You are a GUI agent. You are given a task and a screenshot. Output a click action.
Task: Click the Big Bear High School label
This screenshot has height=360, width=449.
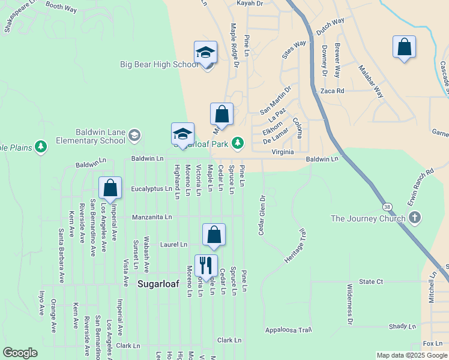point(158,64)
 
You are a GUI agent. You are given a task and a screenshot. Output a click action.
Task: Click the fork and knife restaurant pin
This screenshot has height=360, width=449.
point(206,266)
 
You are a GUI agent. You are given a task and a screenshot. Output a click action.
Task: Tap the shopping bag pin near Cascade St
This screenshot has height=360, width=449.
point(405,48)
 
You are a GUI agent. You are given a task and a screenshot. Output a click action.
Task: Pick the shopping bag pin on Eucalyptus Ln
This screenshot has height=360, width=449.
point(110,188)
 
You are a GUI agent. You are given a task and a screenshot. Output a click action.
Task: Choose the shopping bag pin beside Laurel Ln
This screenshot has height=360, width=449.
point(214,235)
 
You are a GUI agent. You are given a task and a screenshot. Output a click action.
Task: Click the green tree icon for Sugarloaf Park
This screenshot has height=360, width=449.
point(238,142)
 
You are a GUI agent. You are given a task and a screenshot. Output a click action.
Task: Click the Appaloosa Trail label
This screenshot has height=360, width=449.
point(289,329)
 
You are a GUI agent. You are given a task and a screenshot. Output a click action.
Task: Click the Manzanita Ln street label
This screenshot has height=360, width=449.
point(152,217)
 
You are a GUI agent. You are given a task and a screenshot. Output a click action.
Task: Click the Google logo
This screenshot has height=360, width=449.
point(20,352)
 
